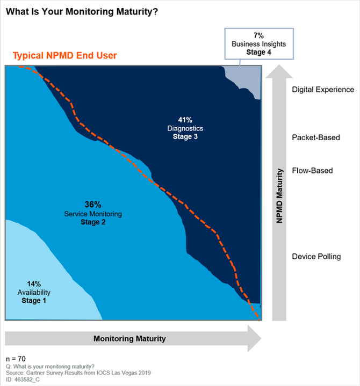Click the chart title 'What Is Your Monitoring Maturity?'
[82, 11]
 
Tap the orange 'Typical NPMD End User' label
[64, 55]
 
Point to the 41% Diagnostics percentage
[185, 120]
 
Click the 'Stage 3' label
[185, 137]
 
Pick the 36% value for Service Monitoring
[93, 205]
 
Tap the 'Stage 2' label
[93, 222]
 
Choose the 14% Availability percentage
[34, 283]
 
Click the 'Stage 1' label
[34, 301]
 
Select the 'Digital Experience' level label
[323, 90]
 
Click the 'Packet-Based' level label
[316, 137]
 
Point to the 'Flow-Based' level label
[312, 171]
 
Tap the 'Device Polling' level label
[316, 256]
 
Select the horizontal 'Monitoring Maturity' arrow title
[129, 339]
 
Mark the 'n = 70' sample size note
[16, 358]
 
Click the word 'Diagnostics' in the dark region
[185, 129]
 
